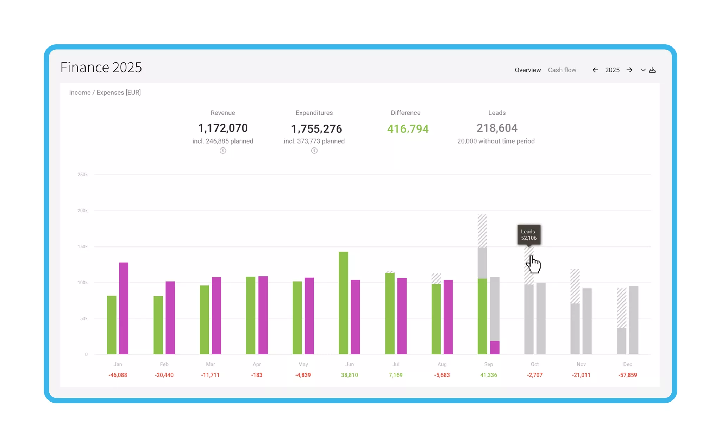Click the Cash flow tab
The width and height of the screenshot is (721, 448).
(x=562, y=70)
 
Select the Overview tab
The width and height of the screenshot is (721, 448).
(x=527, y=70)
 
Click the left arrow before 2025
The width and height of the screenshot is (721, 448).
(x=595, y=70)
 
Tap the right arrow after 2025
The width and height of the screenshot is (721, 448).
(x=629, y=70)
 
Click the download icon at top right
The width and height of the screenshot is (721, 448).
(x=652, y=70)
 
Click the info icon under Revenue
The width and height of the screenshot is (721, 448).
(x=223, y=151)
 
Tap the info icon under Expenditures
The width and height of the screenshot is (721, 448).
(x=314, y=151)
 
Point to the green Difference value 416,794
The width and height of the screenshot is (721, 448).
(x=408, y=129)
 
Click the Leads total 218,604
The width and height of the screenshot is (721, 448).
(x=497, y=128)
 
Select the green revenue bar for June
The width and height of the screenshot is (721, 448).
(x=343, y=303)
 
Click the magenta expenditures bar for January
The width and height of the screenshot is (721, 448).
(x=124, y=308)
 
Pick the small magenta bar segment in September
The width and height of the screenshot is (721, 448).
(x=495, y=347)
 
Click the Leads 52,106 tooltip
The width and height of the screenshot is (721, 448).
(x=529, y=234)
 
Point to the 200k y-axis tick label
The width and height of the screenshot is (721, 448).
(x=82, y=210)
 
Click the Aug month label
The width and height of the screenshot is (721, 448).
(x=442, y=364)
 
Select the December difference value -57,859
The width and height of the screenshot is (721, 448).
(x=627, y=375)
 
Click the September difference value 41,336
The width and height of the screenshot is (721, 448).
(x=488, y=375)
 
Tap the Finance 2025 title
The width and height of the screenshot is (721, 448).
(x=101, y=67)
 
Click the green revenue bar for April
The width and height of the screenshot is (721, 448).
(x=251, y=315)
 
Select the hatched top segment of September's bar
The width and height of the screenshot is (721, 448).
(x=482, y=231)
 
